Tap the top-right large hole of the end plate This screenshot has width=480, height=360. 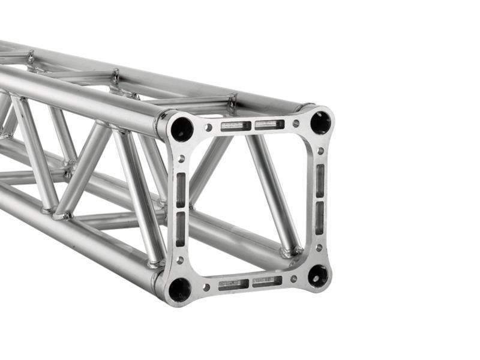click(320, 122)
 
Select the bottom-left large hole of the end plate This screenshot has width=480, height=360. click(179, 290)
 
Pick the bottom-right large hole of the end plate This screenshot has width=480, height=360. click(318, 276)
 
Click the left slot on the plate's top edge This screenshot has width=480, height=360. click(235, 126)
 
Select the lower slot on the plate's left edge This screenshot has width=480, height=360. click(181, 229)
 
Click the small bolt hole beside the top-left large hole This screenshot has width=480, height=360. click(208, 127)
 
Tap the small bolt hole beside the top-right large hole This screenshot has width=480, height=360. click(296, 123)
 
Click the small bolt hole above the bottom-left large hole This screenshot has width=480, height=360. click(180, 260)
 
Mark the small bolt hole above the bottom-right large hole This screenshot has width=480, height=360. click(319, 247)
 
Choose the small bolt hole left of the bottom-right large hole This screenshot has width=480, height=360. click(293, 279)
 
